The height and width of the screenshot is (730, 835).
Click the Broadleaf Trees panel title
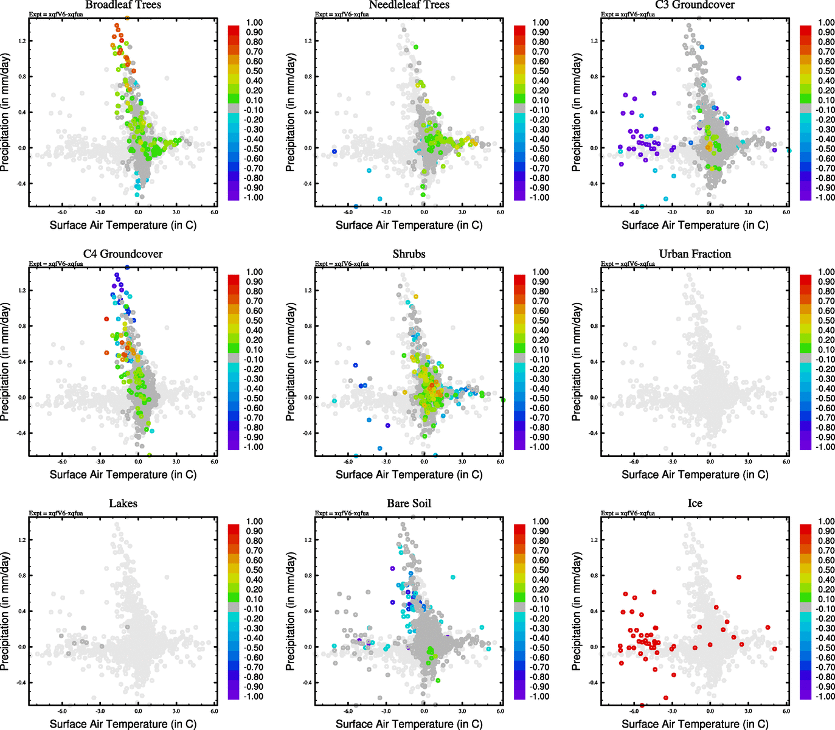(x=123, y=5)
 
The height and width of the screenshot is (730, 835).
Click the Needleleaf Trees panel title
(x=409, y=5)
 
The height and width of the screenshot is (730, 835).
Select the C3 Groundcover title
(x=695, y=5)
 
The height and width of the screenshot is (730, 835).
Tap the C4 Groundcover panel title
(x=123, y=254)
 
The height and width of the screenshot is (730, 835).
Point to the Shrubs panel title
(x=409, y=254)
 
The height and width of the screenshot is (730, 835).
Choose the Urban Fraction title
(x=695, y=254)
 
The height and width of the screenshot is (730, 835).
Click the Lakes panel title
(x=123, y=503)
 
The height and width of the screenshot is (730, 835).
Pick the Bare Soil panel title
(x=409, y=503)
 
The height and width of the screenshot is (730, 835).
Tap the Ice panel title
(x=695, y=503)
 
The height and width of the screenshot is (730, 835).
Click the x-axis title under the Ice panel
(x=695, y=724)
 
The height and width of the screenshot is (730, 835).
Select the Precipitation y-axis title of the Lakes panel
(x=5, y=611)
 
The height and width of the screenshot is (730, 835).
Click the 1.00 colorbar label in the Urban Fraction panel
(x=826, y=272)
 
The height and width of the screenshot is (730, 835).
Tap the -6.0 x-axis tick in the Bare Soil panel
(x=348, y=711)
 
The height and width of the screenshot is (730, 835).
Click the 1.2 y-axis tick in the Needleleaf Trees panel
(x=308, y=41)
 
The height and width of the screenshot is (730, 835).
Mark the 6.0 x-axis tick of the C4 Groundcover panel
(x=214, y=462)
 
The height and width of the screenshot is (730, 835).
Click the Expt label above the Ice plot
(x=628, y=513)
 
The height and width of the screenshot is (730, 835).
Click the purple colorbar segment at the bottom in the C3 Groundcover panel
(x=805, y=195)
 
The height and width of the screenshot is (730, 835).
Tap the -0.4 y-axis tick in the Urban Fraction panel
(x=594, y=433)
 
